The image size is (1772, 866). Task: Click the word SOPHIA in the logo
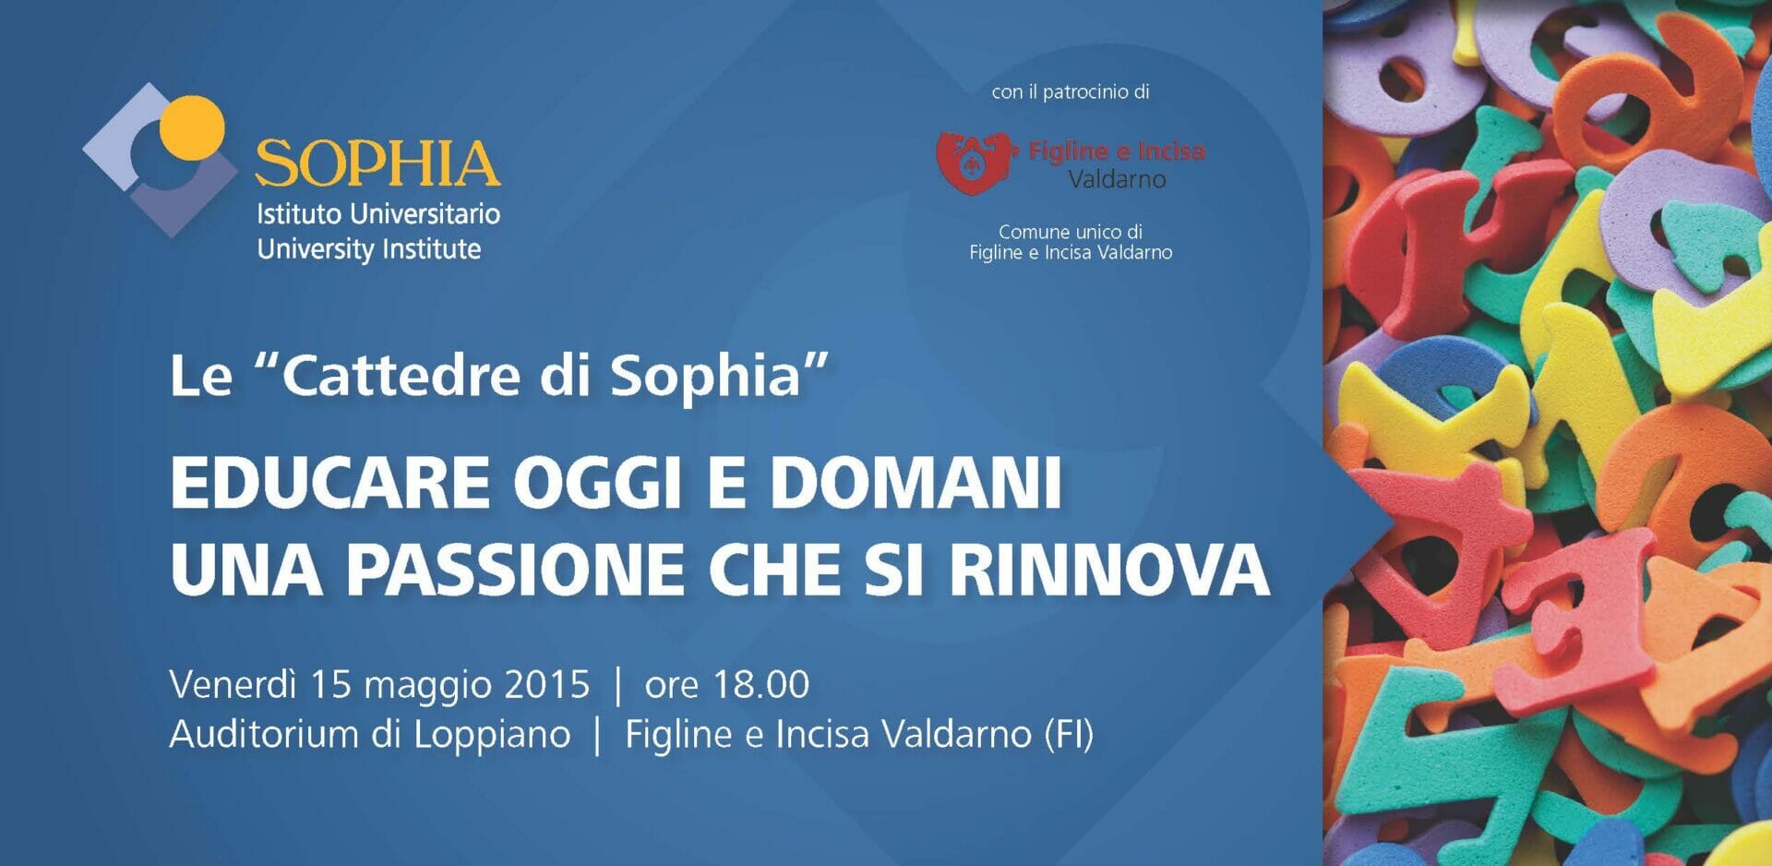[x=377, y=163]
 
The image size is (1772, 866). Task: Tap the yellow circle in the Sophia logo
[x=192, y=127]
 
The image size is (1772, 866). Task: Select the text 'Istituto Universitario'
[x=378, y=214]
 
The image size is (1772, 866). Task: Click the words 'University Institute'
[x=369, y=249]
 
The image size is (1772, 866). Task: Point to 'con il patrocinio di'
[x=1071, y=92]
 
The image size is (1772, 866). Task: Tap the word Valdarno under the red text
[x=1117, y=179]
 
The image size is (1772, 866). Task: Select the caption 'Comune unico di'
[x=1071, y=232]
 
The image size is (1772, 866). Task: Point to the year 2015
[x=547, y=685]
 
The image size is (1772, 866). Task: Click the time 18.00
[x=761, y=685]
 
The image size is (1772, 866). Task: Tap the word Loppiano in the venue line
[x=492, y=736]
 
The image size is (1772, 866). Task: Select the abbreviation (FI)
[x=1069, y=736]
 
